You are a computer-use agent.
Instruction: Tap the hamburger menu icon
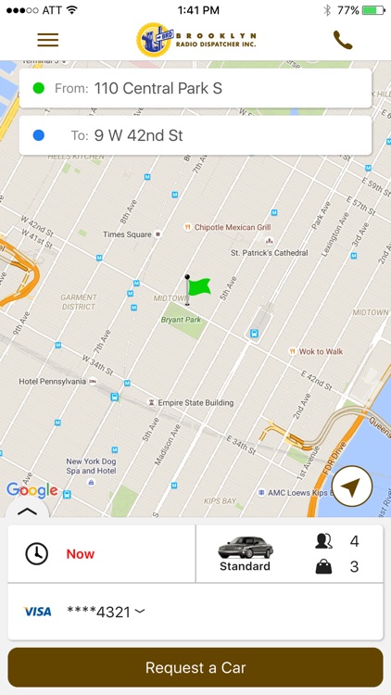coord(48,40)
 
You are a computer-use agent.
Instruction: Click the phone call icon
coord(343,40)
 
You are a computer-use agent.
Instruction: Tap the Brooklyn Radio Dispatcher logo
coord(195,39)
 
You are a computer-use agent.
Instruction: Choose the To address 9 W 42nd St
coord(138,135)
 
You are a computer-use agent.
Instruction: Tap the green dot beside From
coord(39,89)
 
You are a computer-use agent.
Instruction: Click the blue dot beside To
coord(39,135)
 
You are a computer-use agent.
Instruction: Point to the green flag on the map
coord(197,286)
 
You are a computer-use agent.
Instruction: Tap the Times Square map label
coord(127,234)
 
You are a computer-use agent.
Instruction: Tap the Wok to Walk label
coord(321,351)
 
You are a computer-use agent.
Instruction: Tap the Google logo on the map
coord(32,490)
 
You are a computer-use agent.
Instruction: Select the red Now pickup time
coord(81,554)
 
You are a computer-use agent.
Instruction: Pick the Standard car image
coord(246,548)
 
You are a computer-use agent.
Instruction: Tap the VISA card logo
coord(38,612)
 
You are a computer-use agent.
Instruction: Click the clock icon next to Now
coord(36,554)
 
